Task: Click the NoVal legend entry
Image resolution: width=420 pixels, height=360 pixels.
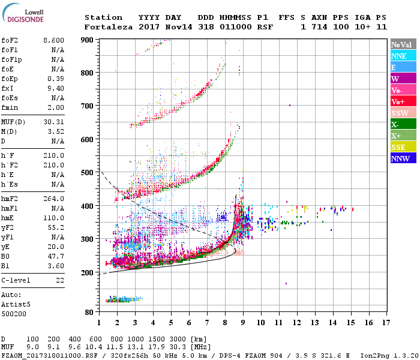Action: pos(401,44)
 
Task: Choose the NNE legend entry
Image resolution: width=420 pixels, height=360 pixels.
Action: pos(401,56)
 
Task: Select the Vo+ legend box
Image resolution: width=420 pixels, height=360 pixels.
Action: pos(401,101)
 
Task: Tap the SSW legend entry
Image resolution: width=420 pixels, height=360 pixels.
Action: pos(401,113)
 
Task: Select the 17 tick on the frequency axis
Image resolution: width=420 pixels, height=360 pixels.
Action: pos(384,322)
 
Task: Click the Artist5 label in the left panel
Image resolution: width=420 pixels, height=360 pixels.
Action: pos(13,304)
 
